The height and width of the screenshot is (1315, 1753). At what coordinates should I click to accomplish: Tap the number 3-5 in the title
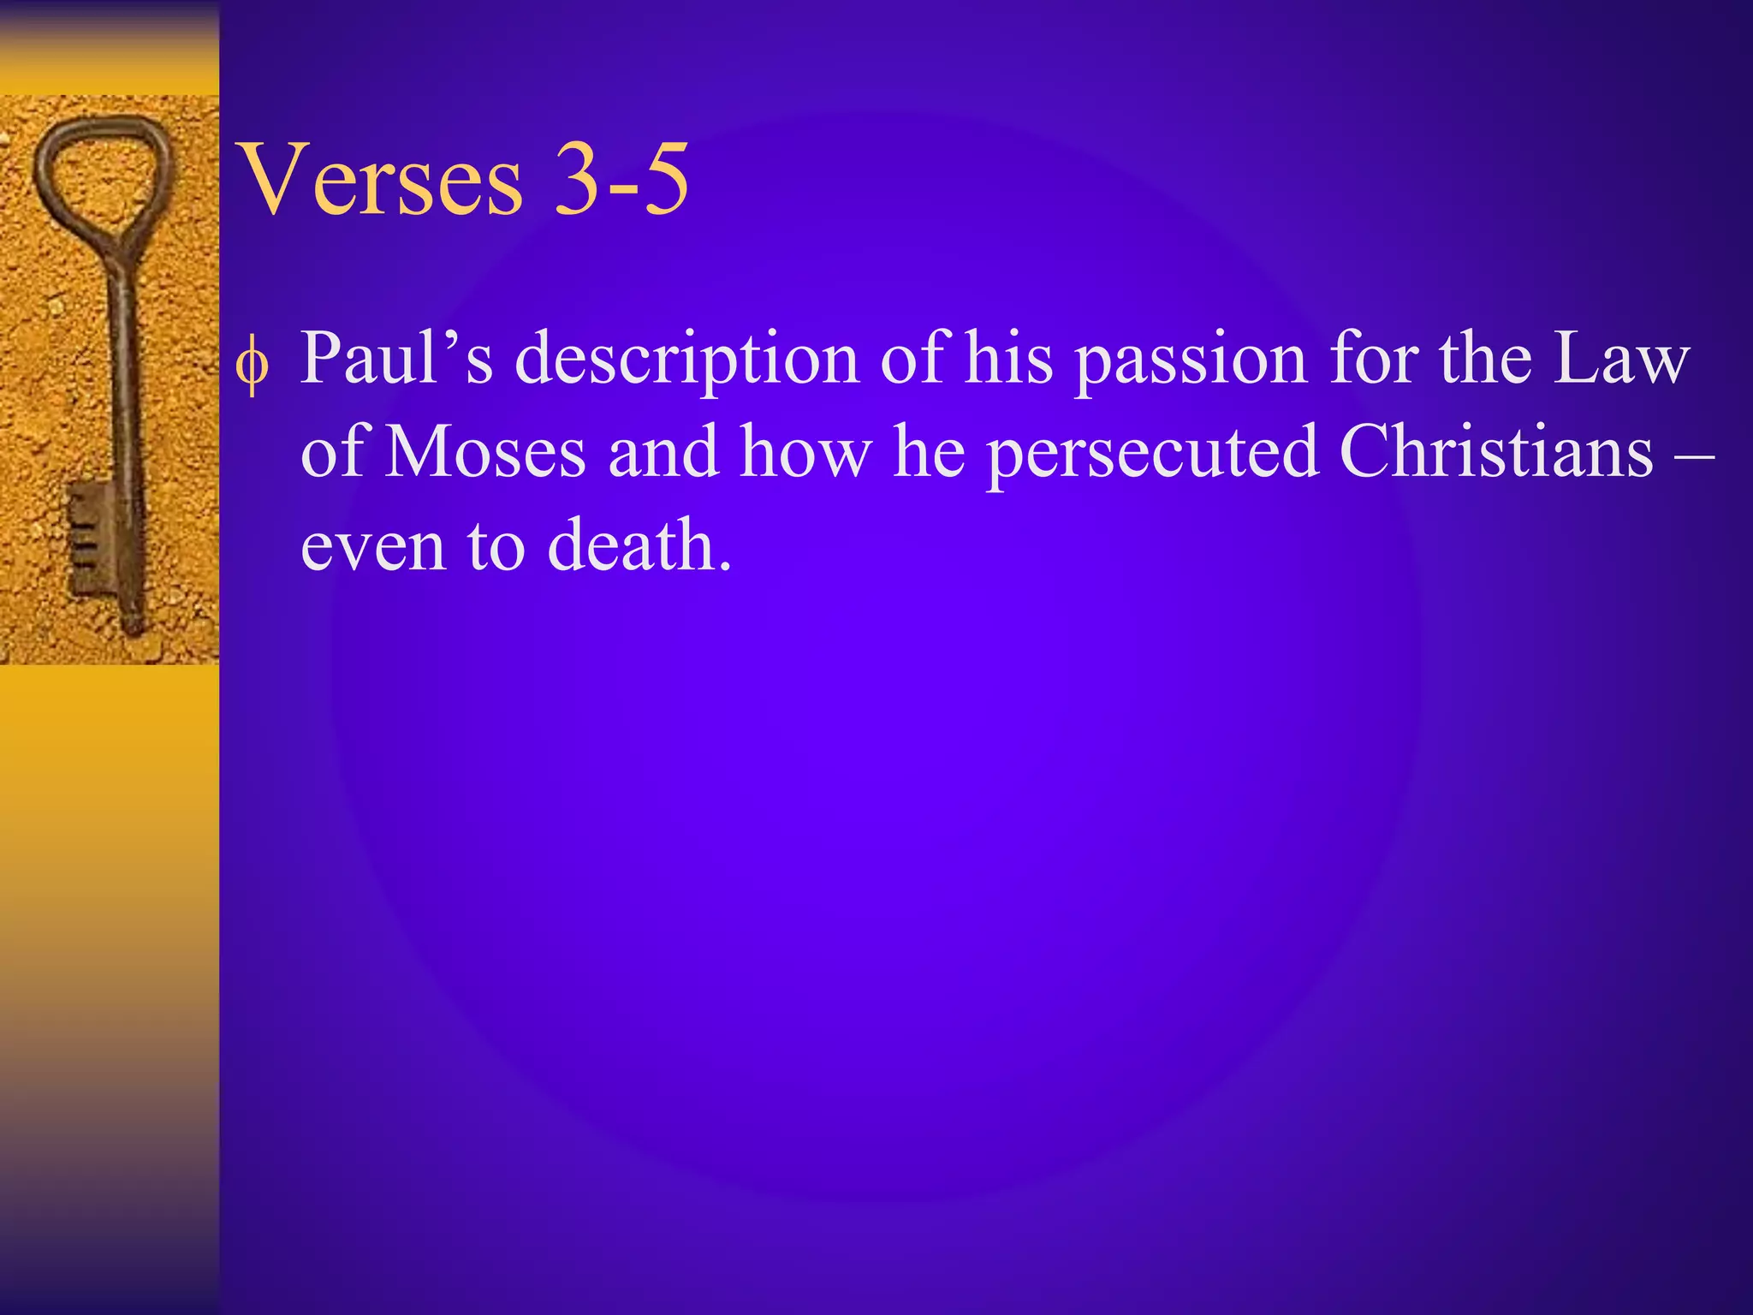tap(621, 180)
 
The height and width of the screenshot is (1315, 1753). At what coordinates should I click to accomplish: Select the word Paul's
tap(396, 358)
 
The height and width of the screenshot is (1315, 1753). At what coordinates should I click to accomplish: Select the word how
tap(805, 451)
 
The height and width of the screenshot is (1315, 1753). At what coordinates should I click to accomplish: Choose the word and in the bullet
tap(663, 451)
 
